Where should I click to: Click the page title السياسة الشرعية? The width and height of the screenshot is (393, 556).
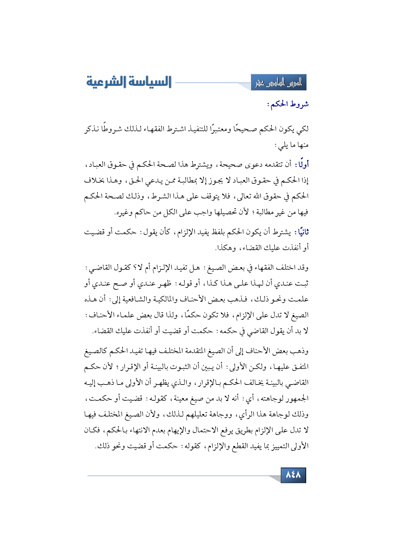[129, 82]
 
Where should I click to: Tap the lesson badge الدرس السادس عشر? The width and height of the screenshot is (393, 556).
[279, 83]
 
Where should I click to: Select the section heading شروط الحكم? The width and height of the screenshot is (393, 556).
[288, 104]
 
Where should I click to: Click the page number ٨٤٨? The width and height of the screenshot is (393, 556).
[293, 475]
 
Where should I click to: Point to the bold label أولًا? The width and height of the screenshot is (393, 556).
[302, 165]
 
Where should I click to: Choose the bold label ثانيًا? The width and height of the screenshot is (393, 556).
[301, 232]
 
